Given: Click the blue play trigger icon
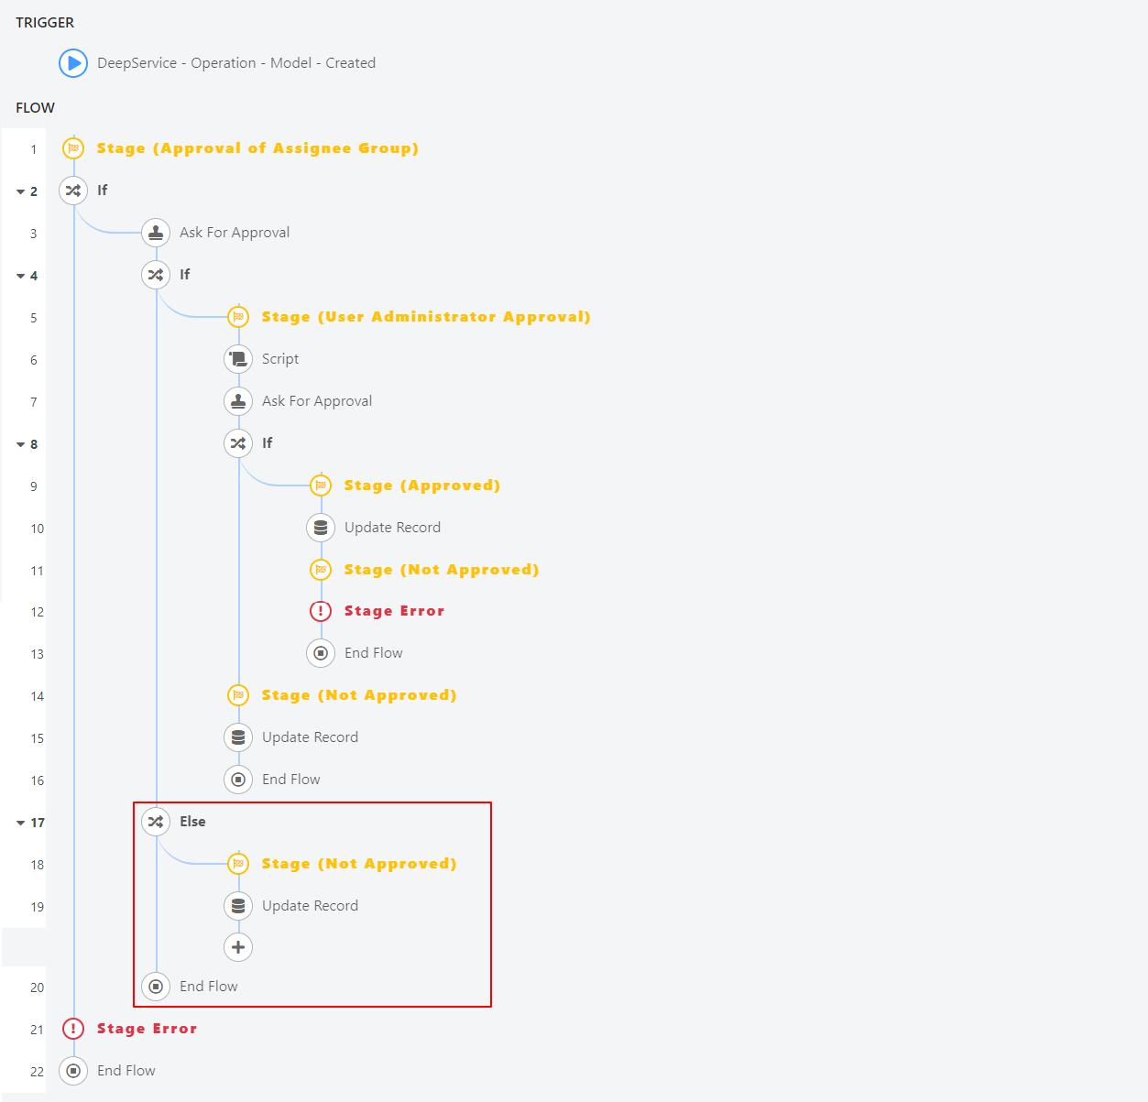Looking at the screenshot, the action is (73, 63).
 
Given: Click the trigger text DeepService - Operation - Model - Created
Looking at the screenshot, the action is (236, 63).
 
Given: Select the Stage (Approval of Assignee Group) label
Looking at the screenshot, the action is (257, 148).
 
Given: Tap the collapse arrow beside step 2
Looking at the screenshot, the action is (21, 191).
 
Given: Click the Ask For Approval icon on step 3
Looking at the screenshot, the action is (156, 233).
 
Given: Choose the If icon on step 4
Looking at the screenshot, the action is (156, 275).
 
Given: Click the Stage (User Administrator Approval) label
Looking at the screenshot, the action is (426, 317).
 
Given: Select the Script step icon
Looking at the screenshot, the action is (238, 359).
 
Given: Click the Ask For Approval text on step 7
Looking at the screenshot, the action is (317, 401).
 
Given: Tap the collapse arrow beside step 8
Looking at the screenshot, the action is (21, 444).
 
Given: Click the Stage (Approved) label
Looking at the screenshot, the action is (421, 486).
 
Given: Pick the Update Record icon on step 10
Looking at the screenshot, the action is (321, 528).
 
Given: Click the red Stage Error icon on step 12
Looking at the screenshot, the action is (321, 611).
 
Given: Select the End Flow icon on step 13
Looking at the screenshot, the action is (321, 653).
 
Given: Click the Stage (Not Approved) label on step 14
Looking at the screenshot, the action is (358, 695).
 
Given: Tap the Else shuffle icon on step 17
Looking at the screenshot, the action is (156, 822).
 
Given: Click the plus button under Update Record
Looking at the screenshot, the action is (238, 947).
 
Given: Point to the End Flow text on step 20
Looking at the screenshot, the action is (208, 987).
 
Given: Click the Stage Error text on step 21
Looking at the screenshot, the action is (147, 1028).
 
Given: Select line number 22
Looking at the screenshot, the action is (38, 1072).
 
